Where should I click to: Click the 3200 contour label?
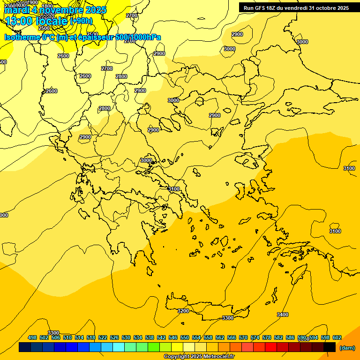(x=183, y=311)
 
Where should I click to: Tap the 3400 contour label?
(x=283, y=315)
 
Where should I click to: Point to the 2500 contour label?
(x=45, y=28)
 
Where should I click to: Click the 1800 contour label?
(x=47, y=6)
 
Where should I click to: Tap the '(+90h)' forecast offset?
(x=81, y=21)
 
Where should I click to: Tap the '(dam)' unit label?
(x=347, y=347)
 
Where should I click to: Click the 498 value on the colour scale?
(x=32, y=337)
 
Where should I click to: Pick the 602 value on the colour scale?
(x=337, y=337)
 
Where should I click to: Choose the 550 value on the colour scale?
(x=185, y=337)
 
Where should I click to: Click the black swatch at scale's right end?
(x=330, y=347)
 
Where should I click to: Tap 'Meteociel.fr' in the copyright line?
(x=219, y=357)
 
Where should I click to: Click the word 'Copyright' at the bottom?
(x=177, y=357)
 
